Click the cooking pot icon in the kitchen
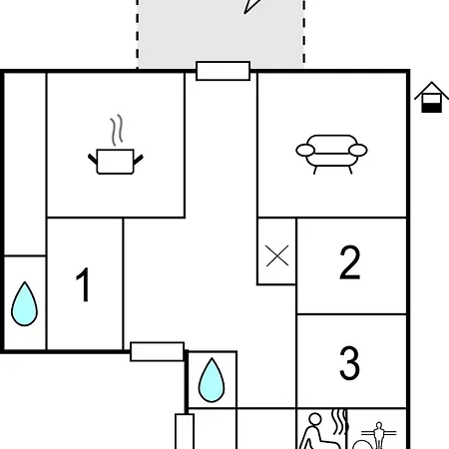point(116,162)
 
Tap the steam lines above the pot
point(117,130)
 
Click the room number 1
point(83,284)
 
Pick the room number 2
point(350,262)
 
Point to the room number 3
point(349,362)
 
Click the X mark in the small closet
point(277,255)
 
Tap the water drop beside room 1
point(24,304)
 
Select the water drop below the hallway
point(212,380)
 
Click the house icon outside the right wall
point(431,97)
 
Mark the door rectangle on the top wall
point(223,71)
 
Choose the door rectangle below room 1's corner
point(157,351)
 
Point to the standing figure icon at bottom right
point(378,435)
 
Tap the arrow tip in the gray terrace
point(244,14)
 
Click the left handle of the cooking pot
point(93,159)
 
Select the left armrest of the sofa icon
point(305,150)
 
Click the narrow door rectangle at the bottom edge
point(185,431)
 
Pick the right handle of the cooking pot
point(139,160)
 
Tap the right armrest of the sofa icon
point(358,150)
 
